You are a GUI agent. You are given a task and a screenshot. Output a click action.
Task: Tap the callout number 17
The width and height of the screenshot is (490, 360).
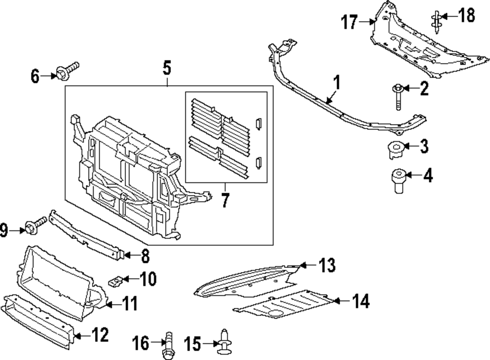[x=350, y=22]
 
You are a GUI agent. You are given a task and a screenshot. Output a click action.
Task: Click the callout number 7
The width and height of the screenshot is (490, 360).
[x=225, y=201]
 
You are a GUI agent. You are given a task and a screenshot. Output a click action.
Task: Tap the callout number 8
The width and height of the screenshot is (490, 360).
[x=145, y=256]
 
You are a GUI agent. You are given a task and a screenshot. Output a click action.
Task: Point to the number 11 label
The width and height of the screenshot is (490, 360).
[x=129, y=304]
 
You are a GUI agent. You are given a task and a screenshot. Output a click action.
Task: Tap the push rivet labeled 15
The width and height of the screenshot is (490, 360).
[x=225, y=341]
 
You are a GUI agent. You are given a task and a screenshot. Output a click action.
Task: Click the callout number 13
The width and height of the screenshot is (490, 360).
[x=327, y=265]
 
